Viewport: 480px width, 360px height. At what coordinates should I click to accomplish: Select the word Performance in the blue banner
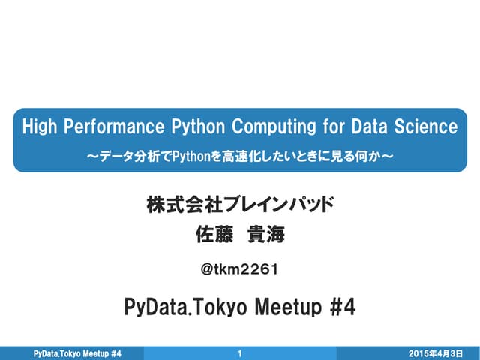[x=112, y=126]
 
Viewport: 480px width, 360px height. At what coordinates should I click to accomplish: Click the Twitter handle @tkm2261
[x=240, y=268]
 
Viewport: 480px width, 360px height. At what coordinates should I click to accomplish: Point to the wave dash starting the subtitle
[x=92, y=156]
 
